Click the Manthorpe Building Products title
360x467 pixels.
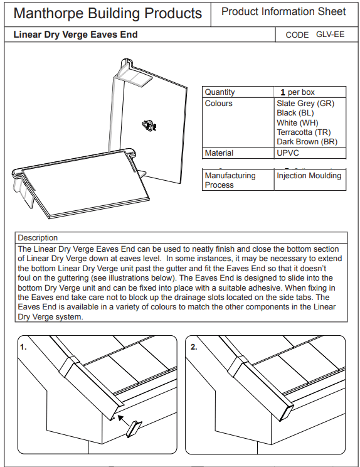pyautogui.click(x=108, y=13)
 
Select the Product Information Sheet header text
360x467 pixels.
pyautogui.click(x=283, y=11)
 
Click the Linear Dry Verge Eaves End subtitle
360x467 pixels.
pyautogui.click(x=75, y=35)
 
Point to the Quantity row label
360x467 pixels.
pyautogui.click(x=220, y=92)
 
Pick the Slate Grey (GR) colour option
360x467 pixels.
pyautogui.click(x=305, y=103)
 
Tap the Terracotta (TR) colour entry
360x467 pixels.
pyautogui.click(x=304, y=132)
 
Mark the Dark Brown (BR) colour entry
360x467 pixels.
pyautogui.click(x=307, y=142)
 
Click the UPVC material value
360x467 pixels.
pyautogui.click(x=288, y=153)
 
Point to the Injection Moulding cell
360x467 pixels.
pyautogui.click(x=309, y=176)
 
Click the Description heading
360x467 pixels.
pyautogui.click(x=38, y=238)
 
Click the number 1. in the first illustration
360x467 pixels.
pyautogui.click(x=23, y=346)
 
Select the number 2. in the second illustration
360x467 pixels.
pyautogui.click(x=194, y=346)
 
